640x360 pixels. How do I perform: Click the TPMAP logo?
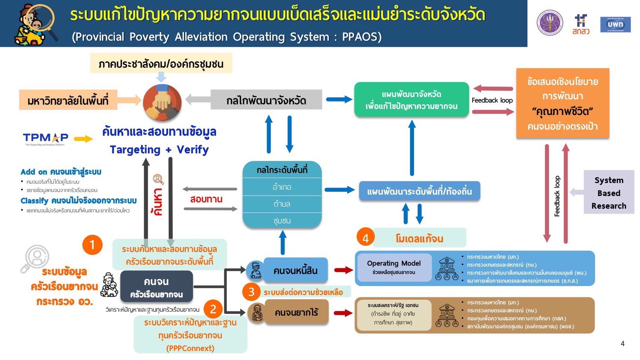(45, 138)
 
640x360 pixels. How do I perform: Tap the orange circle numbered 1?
(92, 245)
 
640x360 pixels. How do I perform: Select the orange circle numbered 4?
(365, 238)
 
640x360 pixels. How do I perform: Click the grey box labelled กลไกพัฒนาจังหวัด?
(266, 100)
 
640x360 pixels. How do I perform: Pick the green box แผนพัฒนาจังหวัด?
(411, 100)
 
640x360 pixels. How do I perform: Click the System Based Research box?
(608, 193)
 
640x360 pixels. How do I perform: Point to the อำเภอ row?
(282, 187)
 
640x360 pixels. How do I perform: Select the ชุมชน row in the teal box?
(282, 221)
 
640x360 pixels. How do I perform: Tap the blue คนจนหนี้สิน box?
(295, 270)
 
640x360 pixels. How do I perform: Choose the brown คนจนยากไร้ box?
(296, 312)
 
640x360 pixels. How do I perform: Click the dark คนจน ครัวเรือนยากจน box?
(156, 287)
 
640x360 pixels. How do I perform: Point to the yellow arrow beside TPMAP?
(83, 139)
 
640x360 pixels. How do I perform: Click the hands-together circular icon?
(162, 102)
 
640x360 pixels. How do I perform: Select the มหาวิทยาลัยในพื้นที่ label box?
(68, 100)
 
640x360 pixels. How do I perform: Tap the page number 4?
(622, 343)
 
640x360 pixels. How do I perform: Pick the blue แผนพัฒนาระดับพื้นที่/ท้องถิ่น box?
(419, 191)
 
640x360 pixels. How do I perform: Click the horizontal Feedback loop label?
(492, 100)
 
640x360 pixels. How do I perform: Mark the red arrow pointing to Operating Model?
(343, 270)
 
